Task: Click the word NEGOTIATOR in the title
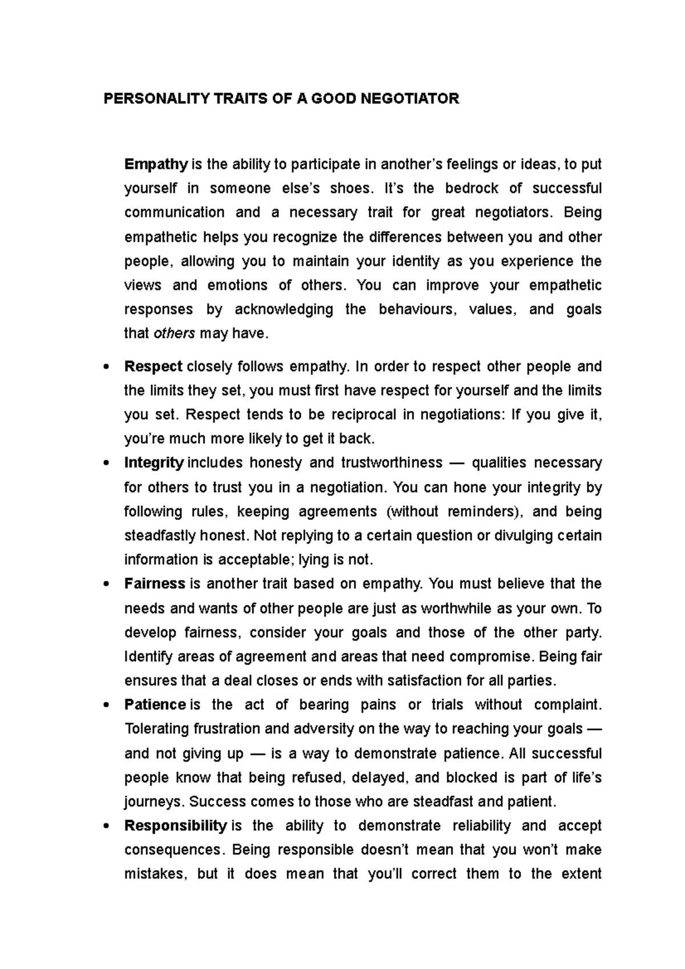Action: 409,99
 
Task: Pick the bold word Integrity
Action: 154,462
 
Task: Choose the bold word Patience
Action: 155,705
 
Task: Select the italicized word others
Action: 175,333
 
